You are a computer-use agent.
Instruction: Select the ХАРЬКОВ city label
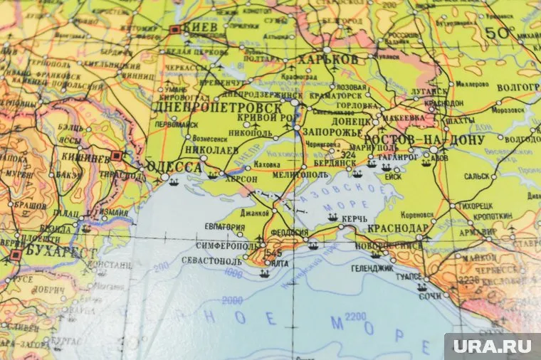click(x=327, y=59)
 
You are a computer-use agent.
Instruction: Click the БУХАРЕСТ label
click(x=60, y=252)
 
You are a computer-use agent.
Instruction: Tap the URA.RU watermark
click(x=492, y=347)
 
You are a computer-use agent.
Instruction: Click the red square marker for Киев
click(x=175, y=30)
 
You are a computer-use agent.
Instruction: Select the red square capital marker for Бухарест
click(x=15, y=254)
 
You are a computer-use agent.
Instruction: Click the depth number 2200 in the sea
click(x=355, y=316)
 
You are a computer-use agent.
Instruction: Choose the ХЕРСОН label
click(x=241, y=180)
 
